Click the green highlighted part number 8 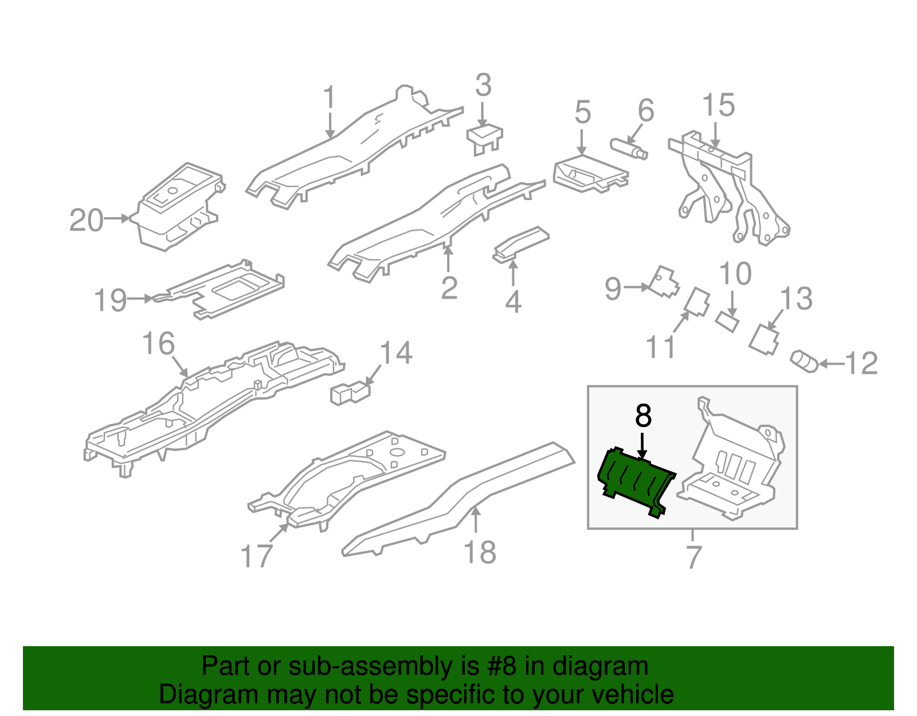635,480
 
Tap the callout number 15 718,105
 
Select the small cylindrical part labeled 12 804,361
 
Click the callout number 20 87,220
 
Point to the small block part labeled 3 485,136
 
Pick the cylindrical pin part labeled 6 628,148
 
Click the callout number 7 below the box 693,556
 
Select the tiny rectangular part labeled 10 727,322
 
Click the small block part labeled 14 349,393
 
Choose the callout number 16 158,344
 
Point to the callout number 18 479,553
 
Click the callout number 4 513,302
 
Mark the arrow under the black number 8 642,446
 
